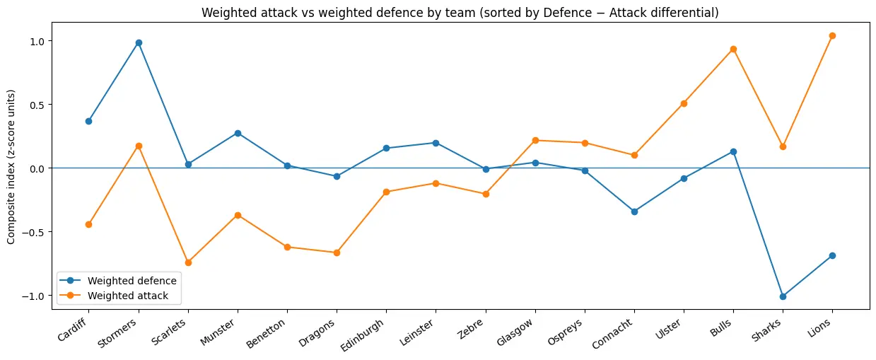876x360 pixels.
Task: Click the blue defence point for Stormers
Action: (x=139, y=42)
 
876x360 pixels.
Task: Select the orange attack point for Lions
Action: (x=832, y=35)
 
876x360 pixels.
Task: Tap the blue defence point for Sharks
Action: (x=783, y=296)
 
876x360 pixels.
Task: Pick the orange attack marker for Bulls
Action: (x=733, y=49)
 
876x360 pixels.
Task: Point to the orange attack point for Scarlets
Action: (x=188, y=262)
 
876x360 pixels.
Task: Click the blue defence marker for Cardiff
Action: (x=88, y=121)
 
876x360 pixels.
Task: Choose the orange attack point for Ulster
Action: (x=684, y=103)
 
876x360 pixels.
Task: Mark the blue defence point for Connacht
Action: (x=634, y=211)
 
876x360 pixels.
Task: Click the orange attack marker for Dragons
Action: (x=337, y=252)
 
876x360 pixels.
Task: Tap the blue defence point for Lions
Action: (x=832, y=255)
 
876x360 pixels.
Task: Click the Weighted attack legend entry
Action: (x=128, y=296)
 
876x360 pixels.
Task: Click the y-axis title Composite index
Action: (x=11, y=167)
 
